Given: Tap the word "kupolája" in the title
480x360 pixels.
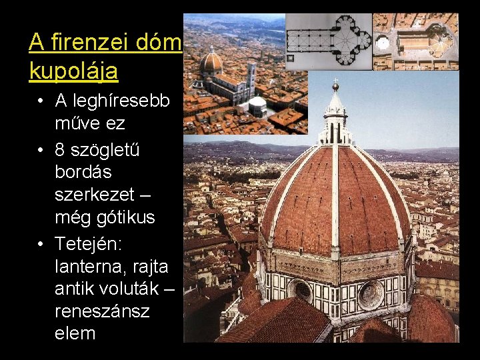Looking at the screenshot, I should (x=73, y=69).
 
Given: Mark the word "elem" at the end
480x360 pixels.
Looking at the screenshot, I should (x=75, y=333).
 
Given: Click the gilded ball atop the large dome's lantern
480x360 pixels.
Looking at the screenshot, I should (x=335, y=86).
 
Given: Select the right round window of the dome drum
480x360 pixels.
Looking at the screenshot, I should (x=371, y=294).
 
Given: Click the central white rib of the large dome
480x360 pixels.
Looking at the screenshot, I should (x=335, y=200).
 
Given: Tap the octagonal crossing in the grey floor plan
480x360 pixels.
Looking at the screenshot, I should (x=349, y=39).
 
